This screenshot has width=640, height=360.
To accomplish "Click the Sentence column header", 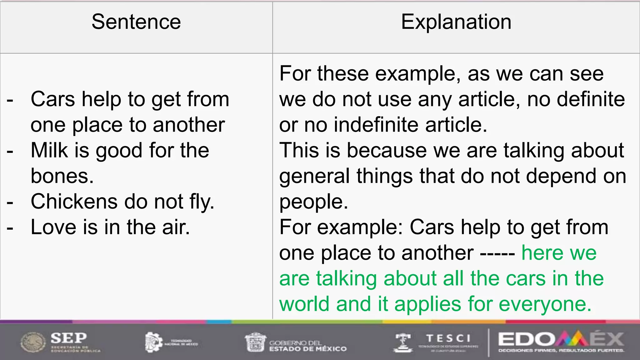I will coord(136,22).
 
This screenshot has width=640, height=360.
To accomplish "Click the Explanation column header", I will coord(456,22).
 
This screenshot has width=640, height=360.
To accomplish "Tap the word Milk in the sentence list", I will coord(49,150).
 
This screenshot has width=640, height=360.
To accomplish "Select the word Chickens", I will coord(74,202).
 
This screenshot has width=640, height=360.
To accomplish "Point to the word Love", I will coord(53,227).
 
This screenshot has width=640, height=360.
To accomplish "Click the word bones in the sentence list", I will coord(62,176).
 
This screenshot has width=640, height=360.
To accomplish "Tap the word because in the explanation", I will coord(387,150).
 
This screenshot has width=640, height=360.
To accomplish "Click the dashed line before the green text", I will coord(497,253).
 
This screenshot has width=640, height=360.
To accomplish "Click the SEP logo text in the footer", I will coord(69,338).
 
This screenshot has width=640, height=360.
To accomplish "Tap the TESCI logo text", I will coord(448,338).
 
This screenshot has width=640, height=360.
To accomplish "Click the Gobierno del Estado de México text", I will coord(308,346).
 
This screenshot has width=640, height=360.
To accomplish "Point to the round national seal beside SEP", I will coord(33,342).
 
